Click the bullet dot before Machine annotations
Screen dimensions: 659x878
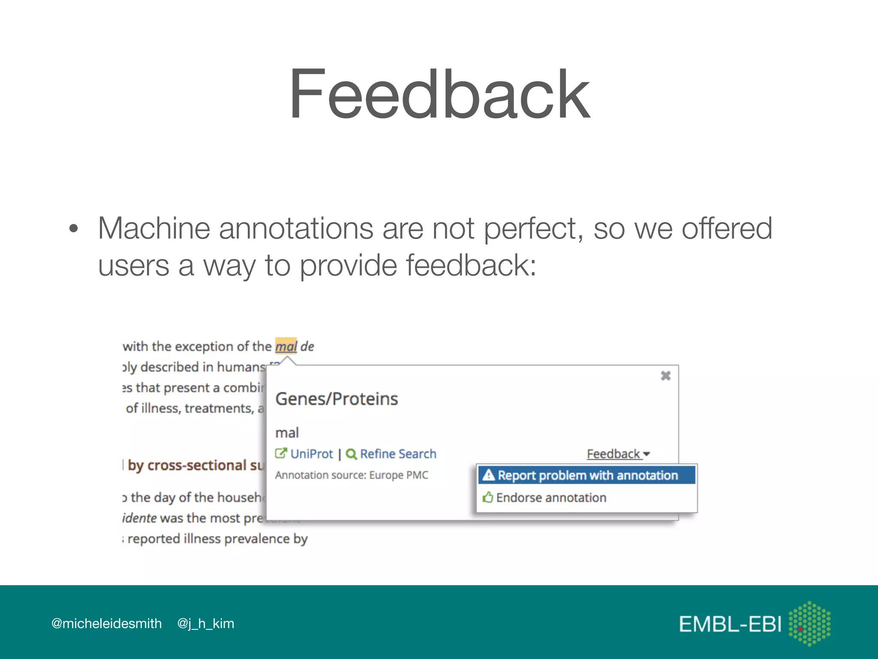point(74,229)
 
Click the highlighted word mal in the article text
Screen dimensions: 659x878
point(286,346)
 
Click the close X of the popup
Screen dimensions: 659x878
point(665,376)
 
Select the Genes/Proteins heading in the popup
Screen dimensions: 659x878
point(337,399)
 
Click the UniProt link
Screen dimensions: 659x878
point(311,454)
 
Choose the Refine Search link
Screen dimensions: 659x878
point(398,454)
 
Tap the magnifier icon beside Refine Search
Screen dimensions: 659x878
point(351,454)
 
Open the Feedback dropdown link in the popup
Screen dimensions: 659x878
point(618,454)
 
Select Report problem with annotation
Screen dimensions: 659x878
point(587,475)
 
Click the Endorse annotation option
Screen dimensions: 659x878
point(551,498)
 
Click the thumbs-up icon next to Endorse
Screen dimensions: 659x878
point(487,497)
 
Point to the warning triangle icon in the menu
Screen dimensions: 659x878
point(488,475)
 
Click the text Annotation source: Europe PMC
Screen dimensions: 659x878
point(352,475)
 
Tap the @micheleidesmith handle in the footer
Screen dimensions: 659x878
point(106,623)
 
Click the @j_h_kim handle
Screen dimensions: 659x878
point(206,623)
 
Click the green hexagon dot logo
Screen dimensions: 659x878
point(809,623)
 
